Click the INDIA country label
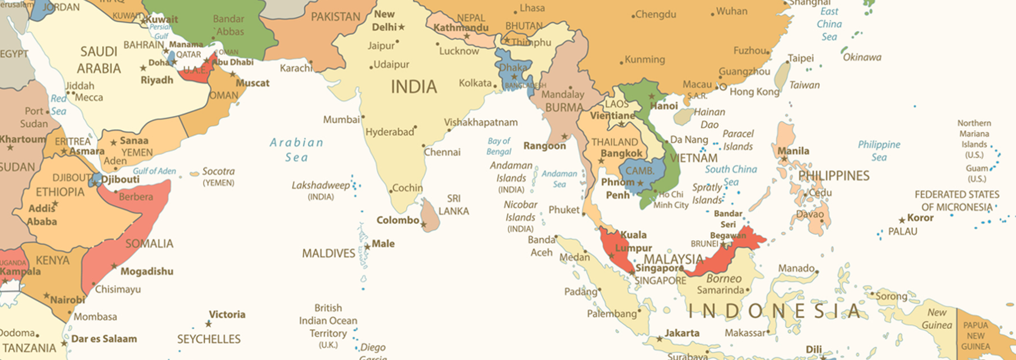[x=414, y=87]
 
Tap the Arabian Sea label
[x=296, y=150]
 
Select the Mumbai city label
[x=341, y=120]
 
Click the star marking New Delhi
[x=402, y=27]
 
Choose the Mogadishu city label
[x=147, y=272]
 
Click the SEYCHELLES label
[x=208, y=339]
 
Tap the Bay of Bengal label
[x=498, y=146]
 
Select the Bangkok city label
[x=621, y=154]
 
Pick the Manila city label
[x=793, y=151]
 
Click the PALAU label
[x=902, y=231]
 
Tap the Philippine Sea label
[x=878, y=151]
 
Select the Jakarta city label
[x=682, y=333]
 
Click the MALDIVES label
[x=329, y=254]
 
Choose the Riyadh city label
[x=157, y=80]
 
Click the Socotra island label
[x=218, y=172]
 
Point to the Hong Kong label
[x=754, y=92]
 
